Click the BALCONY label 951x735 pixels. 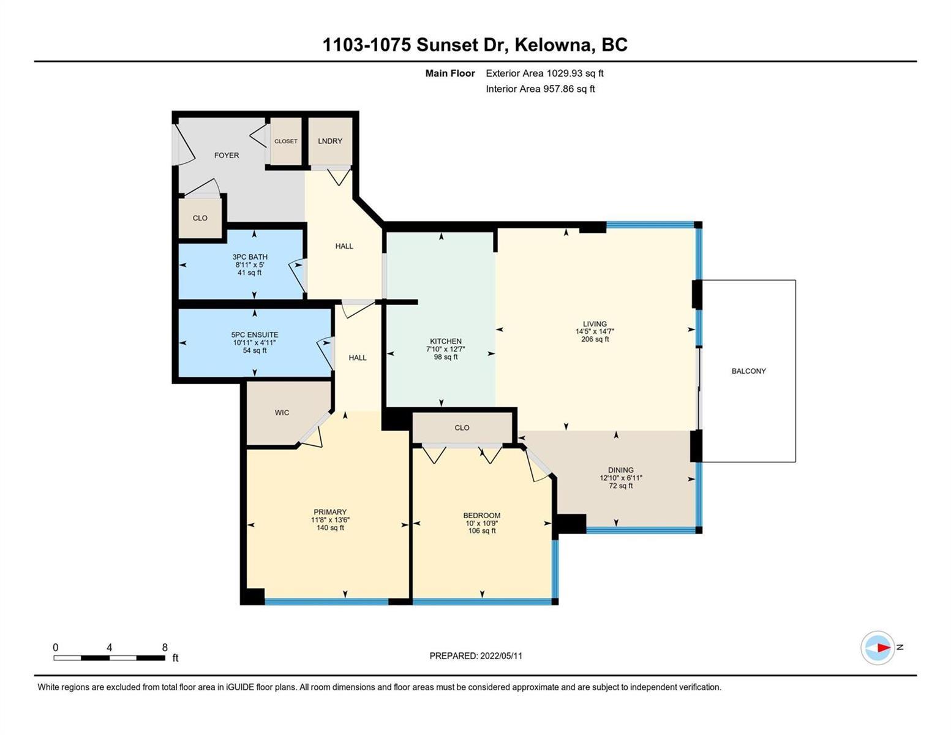[748, 371]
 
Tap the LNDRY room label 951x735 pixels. [330, 141]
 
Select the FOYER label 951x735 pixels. [226, 155]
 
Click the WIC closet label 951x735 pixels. [282, 412]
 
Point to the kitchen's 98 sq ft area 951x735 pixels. [446, 356]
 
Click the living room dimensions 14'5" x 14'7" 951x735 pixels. [595, 331]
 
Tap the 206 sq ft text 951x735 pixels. [595, 339]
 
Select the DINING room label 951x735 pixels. [620, 470]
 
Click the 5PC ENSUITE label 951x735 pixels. [255, 335]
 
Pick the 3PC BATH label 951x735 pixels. [250, 257]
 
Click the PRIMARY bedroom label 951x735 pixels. [330, 511]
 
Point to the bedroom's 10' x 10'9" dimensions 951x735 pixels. [482, 523]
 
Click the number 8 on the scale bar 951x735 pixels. [165, 647]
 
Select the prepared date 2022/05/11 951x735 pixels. [501, 656]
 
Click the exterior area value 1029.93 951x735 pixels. [564, 73]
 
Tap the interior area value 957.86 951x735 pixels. [558, 89]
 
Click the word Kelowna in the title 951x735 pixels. [552, 45]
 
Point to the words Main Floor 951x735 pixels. [450, 73]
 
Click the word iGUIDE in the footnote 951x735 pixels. [240, 687]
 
